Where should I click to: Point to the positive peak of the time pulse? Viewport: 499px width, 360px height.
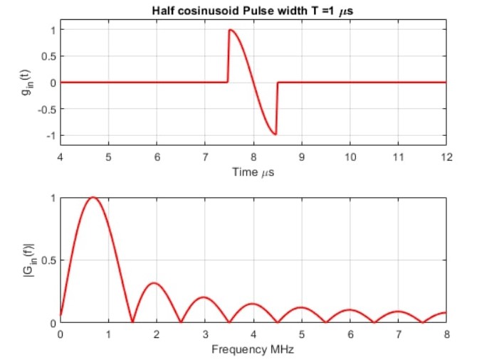pyautogui.click(x=230, y=30)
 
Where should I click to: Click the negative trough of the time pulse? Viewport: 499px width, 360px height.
pyautogui.click(x=275, y=134)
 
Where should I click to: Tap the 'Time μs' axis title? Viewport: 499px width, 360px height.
pyautogui.click(x=253, y=171)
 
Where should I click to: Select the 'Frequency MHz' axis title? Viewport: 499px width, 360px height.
pyautogui.click(x=253, y=349)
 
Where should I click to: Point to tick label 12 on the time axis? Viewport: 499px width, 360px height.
pyautogui.click(x=446, y=158)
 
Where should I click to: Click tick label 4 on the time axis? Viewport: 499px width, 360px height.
pyautogui.click(x=61, y=158)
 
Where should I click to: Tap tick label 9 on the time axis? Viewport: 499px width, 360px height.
pyautogui.click(x=302, y=158)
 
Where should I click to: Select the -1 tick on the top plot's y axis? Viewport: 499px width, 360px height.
pyautogui.click(x=47, y=136)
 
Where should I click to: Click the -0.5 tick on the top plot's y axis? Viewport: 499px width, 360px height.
pyautogui.click(x=44, y=110)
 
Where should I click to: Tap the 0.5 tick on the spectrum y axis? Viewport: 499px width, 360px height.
pyautogui.click(x=47, y=260)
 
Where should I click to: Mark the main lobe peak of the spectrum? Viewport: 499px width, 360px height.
pyautogui.click(x=93, y=198)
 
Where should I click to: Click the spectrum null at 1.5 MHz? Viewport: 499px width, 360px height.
pyautogui.click(x=132, y=322)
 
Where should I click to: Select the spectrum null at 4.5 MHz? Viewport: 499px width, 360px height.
pyautogui.click(x=278, y=322)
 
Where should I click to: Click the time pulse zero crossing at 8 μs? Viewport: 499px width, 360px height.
pyautogui.click(x=253, y=83)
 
